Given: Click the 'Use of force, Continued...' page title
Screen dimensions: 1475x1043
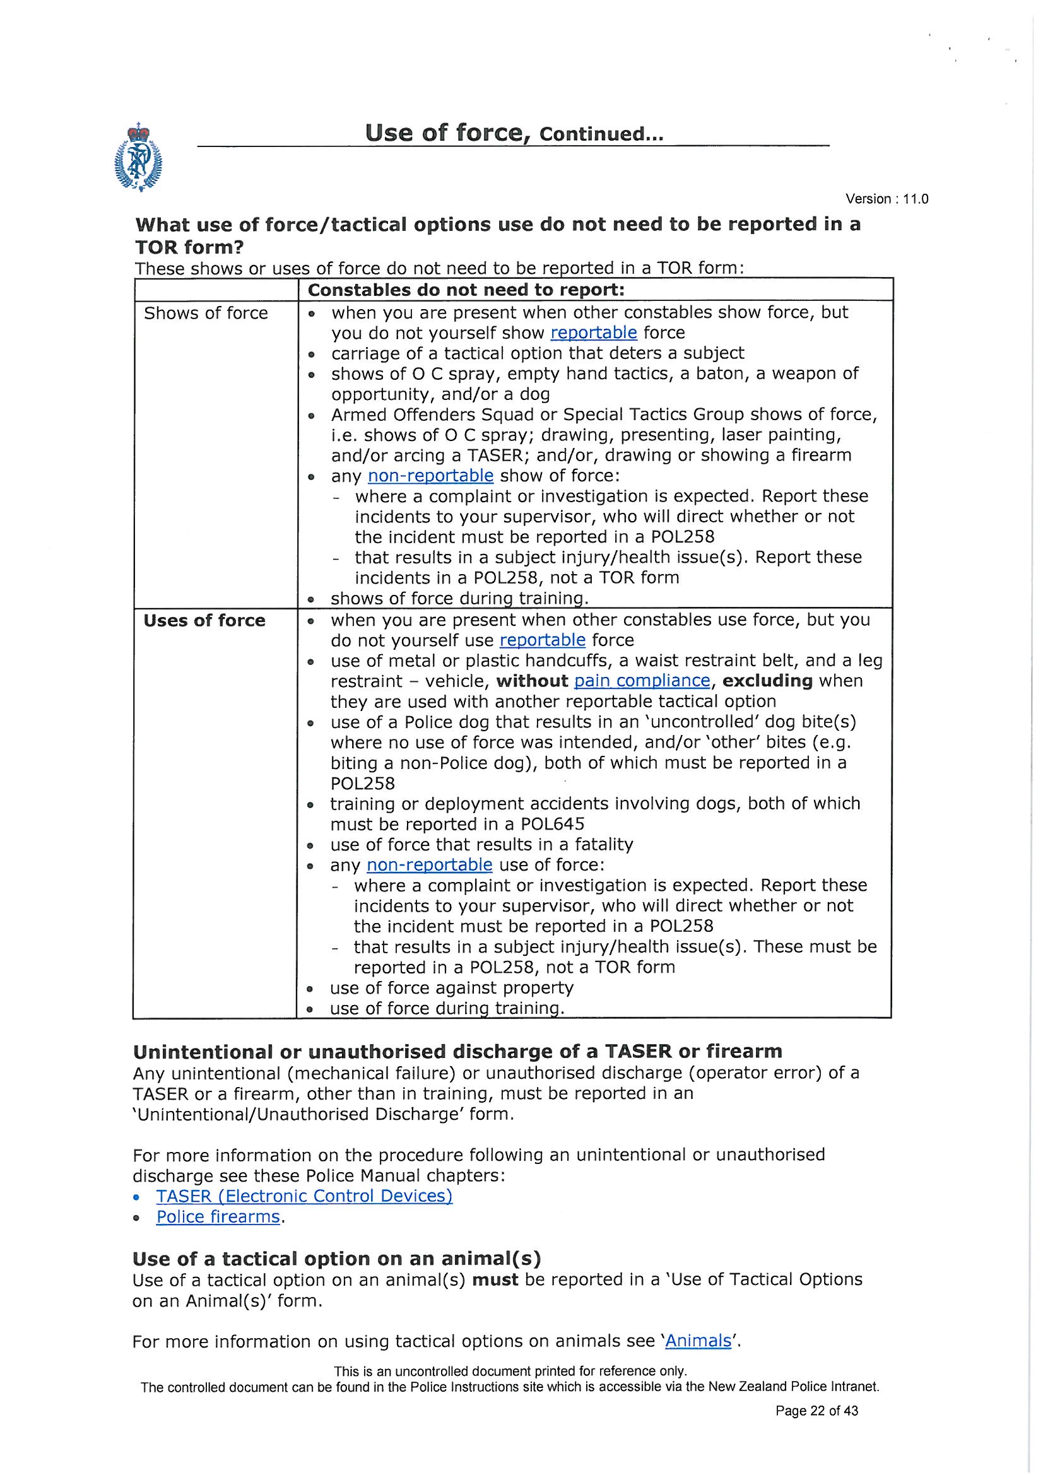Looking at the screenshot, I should click(514, 133).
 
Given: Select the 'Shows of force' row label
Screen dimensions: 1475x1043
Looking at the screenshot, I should click(206, 314).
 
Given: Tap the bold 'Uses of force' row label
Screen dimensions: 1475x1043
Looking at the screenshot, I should click(204, 621).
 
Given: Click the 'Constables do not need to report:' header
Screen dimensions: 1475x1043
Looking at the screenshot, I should click(466, 290).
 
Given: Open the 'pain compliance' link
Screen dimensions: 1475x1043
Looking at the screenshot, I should click(641, 681).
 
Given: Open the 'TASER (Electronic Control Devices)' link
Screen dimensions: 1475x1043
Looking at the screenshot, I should click(304, 1196).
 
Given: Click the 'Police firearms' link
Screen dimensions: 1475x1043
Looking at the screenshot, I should click(218, 1218).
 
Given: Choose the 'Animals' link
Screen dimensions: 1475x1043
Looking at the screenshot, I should click(698, 1341).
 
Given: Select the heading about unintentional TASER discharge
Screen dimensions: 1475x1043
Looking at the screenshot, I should click(457, 1052).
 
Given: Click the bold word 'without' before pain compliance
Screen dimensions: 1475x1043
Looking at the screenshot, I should click(532, 681).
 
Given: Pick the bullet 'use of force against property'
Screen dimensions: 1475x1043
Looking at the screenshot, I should click(451, 988).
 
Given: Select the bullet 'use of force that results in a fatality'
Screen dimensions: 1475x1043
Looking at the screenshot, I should click(481, 845).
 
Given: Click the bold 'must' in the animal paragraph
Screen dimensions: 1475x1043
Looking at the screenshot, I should click(495, 1279).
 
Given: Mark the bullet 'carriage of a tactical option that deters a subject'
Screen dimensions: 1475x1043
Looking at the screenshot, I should click(537, 353).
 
